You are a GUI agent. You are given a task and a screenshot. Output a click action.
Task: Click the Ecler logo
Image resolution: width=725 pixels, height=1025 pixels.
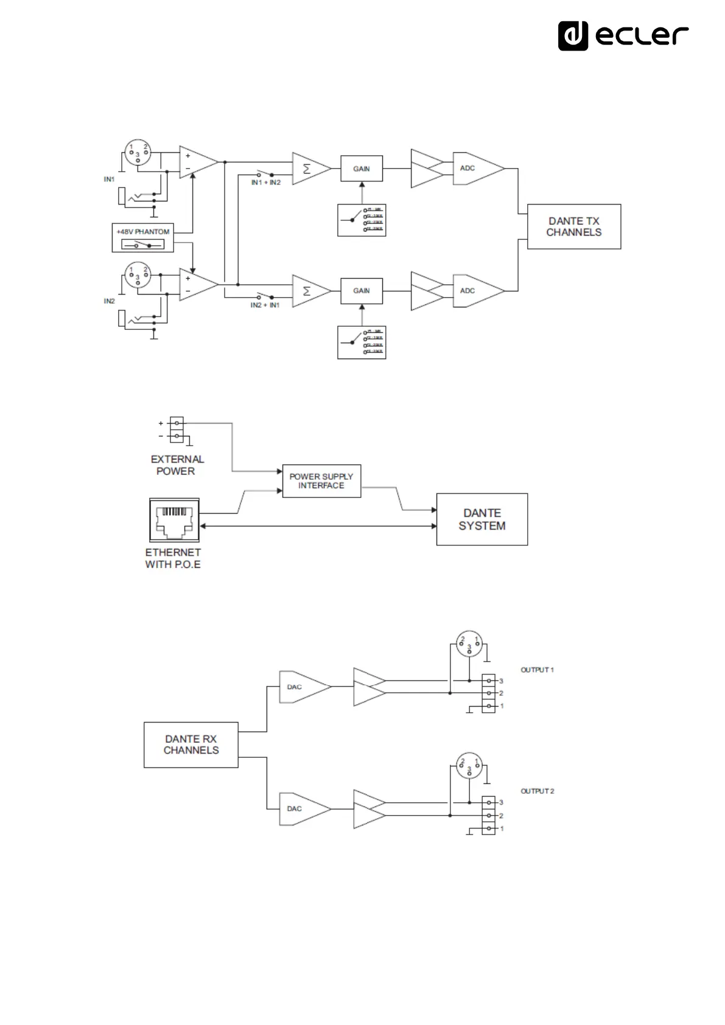(x=623, y=36)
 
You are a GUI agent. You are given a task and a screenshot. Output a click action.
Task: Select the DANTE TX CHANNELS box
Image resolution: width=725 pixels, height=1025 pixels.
(x=573, y=226)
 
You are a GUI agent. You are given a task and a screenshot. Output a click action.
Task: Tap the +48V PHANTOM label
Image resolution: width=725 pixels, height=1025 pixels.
(x=143, y=232)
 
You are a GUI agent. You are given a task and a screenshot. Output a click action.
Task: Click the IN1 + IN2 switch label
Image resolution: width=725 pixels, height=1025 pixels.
(x=266, y=183)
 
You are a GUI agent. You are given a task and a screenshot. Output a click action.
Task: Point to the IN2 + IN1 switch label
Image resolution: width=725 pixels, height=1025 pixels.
(x=265, y=305)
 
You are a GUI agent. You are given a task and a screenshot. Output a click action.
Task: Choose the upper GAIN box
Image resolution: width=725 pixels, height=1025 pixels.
(x=362, y=169)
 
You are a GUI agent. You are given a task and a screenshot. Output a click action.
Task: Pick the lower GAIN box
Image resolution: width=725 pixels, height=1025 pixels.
(x=362, y=290)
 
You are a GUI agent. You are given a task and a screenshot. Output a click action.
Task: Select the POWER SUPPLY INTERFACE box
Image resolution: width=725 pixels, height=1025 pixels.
(x=321, y=481)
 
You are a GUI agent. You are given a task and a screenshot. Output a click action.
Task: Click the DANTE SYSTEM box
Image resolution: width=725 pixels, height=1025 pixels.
(x=482, y=519)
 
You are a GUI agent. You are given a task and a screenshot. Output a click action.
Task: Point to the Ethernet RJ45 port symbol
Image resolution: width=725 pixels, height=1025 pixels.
(x=174, y=519)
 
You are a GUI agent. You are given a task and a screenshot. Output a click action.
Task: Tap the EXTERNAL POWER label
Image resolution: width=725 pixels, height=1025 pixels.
(x=177, y=465)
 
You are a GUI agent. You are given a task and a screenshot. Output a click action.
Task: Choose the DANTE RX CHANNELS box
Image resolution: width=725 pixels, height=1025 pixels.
(x=191, y=744)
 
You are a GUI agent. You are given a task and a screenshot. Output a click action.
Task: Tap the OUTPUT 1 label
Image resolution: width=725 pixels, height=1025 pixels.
(x=537, y=670)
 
